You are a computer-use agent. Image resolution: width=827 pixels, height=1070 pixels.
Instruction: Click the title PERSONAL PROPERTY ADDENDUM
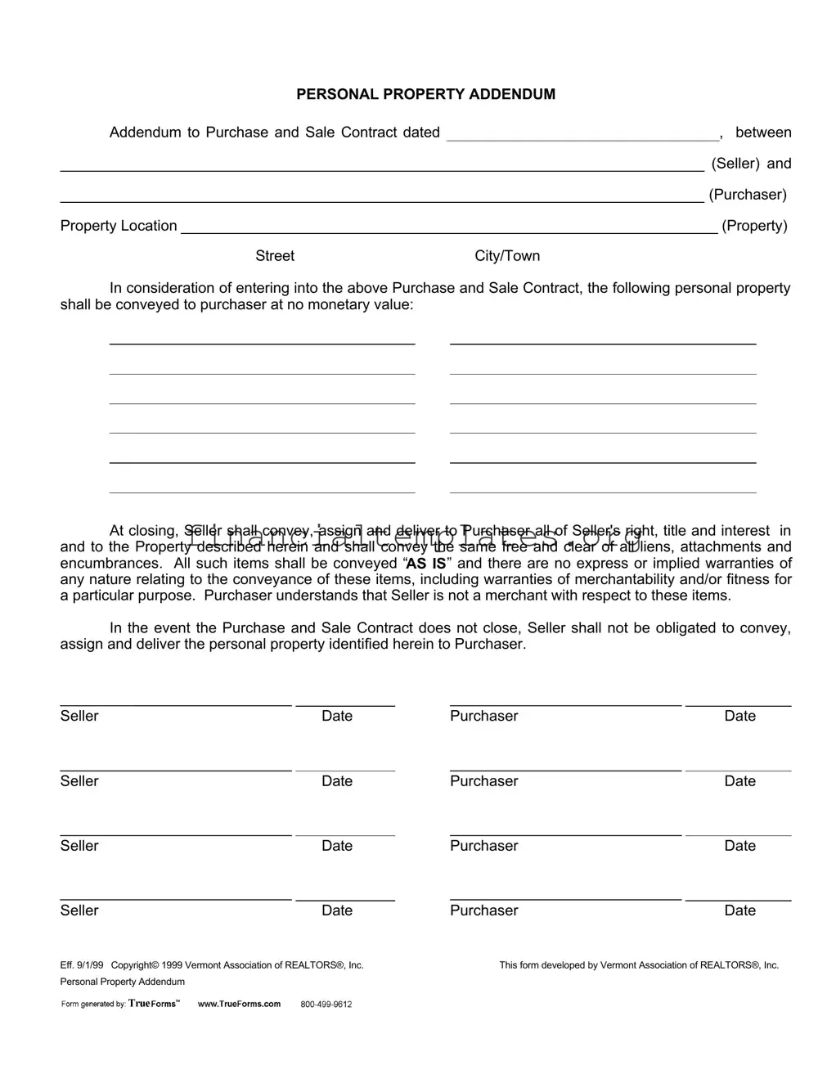[x=425, y=94]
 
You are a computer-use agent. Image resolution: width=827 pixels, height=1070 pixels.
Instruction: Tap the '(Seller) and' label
[x=751, y=164]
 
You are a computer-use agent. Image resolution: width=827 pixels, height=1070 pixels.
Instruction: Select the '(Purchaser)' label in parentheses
[x=748, y=195]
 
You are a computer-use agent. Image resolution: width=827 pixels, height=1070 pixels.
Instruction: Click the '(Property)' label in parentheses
[x=754, y=226]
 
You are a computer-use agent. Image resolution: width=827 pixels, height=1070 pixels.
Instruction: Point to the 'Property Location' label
[x=119, y=226]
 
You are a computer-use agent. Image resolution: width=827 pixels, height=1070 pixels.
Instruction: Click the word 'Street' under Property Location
[x=275, y=256]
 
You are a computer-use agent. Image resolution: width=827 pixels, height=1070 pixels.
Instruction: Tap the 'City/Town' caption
[x=507, y=256]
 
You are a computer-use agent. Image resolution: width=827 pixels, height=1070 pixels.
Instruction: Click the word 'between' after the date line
[x=763, y=133]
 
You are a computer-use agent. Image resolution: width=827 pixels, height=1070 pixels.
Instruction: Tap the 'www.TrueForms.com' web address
[x=239, y=1004]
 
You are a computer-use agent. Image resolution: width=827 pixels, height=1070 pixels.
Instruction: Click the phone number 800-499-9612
[x=326, y=1005]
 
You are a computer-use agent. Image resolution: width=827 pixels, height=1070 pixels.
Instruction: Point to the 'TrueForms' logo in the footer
[x=153, y=1004]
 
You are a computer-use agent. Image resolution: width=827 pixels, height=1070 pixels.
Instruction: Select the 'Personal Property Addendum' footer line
[x=123, y=982]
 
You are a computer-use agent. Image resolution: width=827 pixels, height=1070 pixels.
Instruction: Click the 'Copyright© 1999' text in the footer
[x=146, y=965]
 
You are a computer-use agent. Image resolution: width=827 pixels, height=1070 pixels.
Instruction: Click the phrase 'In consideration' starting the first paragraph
[x=156, y=288]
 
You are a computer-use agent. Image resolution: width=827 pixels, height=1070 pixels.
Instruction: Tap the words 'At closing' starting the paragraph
[x=143, y=531]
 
